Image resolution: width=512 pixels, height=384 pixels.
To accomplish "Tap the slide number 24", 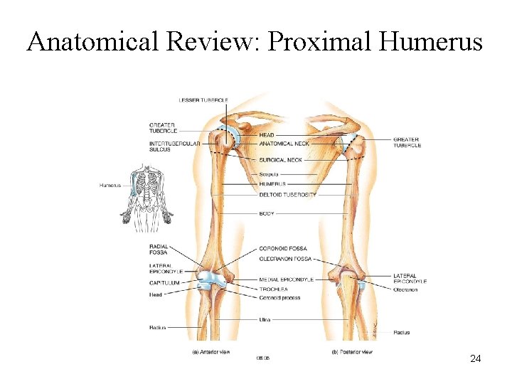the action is (476, 359).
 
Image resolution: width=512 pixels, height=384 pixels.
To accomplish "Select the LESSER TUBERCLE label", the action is (203, 100).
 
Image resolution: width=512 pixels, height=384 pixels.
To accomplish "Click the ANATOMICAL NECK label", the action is (284, 144).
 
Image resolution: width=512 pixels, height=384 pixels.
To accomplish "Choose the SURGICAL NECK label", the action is (281, 160).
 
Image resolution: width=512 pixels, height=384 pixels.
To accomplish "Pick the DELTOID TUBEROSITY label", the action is (288, 194).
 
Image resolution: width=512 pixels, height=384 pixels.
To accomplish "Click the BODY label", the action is (267, 213).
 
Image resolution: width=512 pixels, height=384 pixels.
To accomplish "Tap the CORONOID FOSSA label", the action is (282, 248).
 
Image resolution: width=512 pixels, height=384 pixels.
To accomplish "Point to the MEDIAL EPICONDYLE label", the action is (287, 279).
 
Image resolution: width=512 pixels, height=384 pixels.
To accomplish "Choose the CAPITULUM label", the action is (164, 283).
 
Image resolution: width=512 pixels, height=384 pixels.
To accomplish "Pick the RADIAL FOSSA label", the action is (159, 250).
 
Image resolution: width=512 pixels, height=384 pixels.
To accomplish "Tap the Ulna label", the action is (265, 319).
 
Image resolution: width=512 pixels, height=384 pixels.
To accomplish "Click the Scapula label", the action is (269, 174).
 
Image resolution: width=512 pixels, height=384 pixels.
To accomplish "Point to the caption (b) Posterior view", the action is (351, 352).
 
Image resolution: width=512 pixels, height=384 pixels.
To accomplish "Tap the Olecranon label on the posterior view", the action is (406, 289).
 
